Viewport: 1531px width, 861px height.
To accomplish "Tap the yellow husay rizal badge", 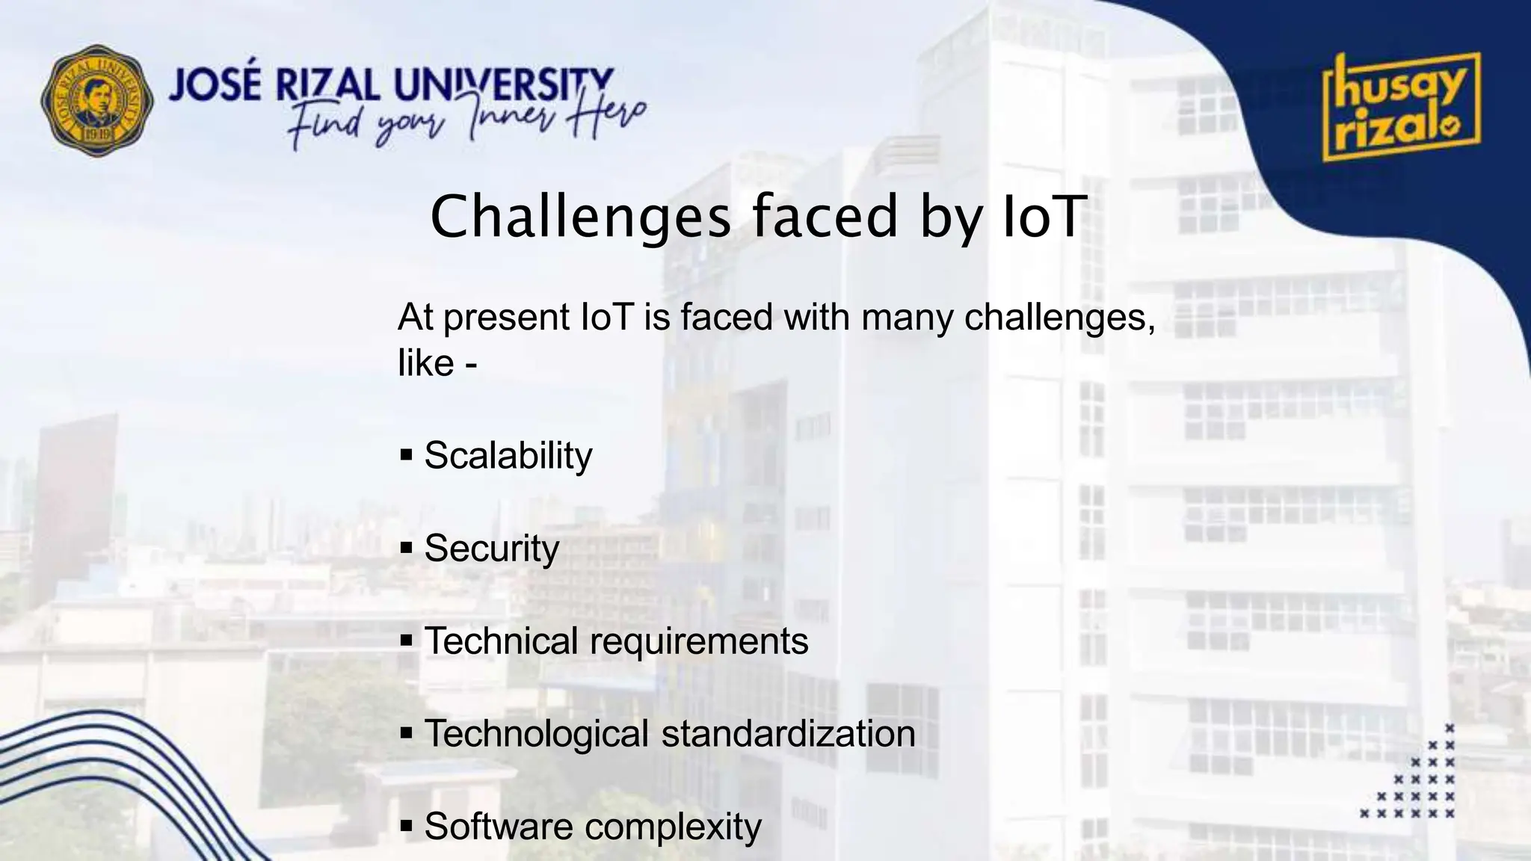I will pyautogui.click(x=1401, y=107).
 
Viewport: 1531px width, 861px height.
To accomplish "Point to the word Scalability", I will pyautogui.click(x=508, y=456).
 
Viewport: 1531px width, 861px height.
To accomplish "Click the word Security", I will pyautogui.click(x=491, y=549).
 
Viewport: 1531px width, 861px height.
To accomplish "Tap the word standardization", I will pyautogui.click(x=788, y=734).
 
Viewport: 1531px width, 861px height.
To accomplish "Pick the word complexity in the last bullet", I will pyautogui.click(x=673, y=827).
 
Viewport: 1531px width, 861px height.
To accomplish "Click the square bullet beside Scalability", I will pyautogui.click(x=407, y=455).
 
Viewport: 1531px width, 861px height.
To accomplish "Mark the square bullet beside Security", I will pyautogui.click(x=407, y=549).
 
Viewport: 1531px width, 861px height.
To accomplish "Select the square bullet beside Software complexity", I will pyautogui.click(x=407, y=827).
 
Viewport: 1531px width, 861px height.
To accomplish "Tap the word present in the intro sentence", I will pyautogui.click(x=506, y=318).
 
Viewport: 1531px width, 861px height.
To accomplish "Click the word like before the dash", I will pyautogui.click(x=425, y=364).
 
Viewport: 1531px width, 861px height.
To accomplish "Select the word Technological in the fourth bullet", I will pyautogui.click(x=536, y=734).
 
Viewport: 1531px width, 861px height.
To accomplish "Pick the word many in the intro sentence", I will pyautogui.click(x=907, y=318).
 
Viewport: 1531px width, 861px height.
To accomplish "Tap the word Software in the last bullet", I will pyautogui.click(x=499, y=827).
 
